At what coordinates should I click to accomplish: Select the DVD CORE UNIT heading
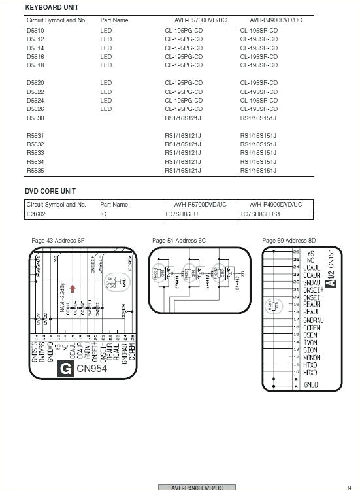[50, 191]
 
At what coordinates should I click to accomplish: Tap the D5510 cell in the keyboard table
[36, 31]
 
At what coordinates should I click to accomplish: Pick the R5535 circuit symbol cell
[36, 170]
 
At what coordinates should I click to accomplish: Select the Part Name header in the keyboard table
[114, 20]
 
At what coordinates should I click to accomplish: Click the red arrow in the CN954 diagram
[73, 288]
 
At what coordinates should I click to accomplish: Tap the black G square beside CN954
[66, 368]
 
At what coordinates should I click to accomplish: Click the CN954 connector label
[92, 369]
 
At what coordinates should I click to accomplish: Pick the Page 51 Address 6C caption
[179, 241]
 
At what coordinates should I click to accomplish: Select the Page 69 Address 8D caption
[289, 241]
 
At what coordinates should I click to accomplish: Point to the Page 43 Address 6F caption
[58, 241]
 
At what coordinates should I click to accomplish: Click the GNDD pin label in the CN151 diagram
[311, 384]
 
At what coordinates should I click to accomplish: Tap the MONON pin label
[312, 358]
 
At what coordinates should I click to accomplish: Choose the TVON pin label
[310, 343]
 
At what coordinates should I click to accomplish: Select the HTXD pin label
[310, 365]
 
